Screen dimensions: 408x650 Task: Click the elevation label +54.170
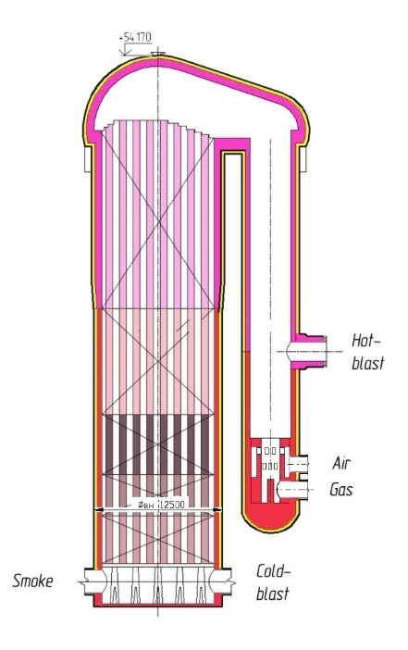pos(135,37)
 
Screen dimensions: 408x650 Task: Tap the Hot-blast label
pos(368,352)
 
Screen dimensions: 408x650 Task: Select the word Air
pos(341,463)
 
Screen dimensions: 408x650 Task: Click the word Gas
pos(340,489)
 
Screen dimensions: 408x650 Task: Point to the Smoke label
pos(32,581)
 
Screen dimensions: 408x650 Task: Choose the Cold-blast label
pos(273,582)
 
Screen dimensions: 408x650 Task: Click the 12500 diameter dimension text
pos(171,505)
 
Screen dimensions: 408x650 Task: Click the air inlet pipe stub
pos(299,462)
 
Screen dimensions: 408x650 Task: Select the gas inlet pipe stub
pos(293,490)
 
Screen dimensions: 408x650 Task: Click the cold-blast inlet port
pos(221,582)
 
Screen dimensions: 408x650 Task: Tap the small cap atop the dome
pos(158,54)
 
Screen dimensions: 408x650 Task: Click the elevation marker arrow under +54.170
pos(125,51)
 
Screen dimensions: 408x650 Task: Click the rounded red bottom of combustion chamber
pos(270,521)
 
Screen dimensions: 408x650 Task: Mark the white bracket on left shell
pos(87,158)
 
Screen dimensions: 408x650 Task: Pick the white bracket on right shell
pos(303,158)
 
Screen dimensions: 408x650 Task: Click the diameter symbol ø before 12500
pos(142,505)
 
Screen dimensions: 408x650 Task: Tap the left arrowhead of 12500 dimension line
pos(99,509)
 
